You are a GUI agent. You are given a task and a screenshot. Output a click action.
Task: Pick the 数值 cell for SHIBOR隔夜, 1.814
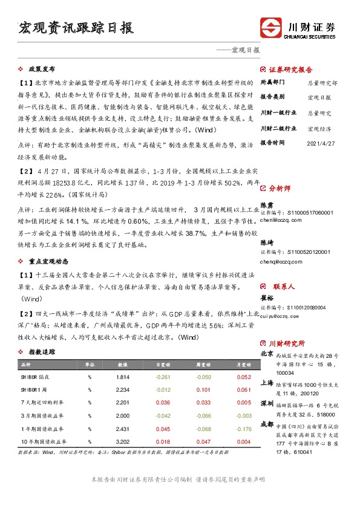tap(123, 377)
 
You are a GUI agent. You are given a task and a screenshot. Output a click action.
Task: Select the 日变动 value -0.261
tap(163, 377)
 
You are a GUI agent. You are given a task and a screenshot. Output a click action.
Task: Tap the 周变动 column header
tap(203, 365)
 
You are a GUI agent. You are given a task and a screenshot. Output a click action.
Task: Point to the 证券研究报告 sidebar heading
tap(290, 68)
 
